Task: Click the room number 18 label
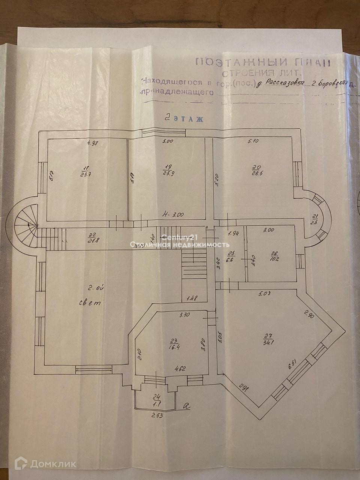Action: tap(86, 167)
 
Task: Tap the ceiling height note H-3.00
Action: tap(172, 215)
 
